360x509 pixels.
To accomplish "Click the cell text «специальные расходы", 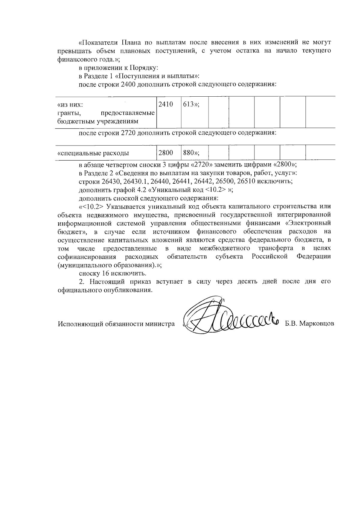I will (x=93, y=153).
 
